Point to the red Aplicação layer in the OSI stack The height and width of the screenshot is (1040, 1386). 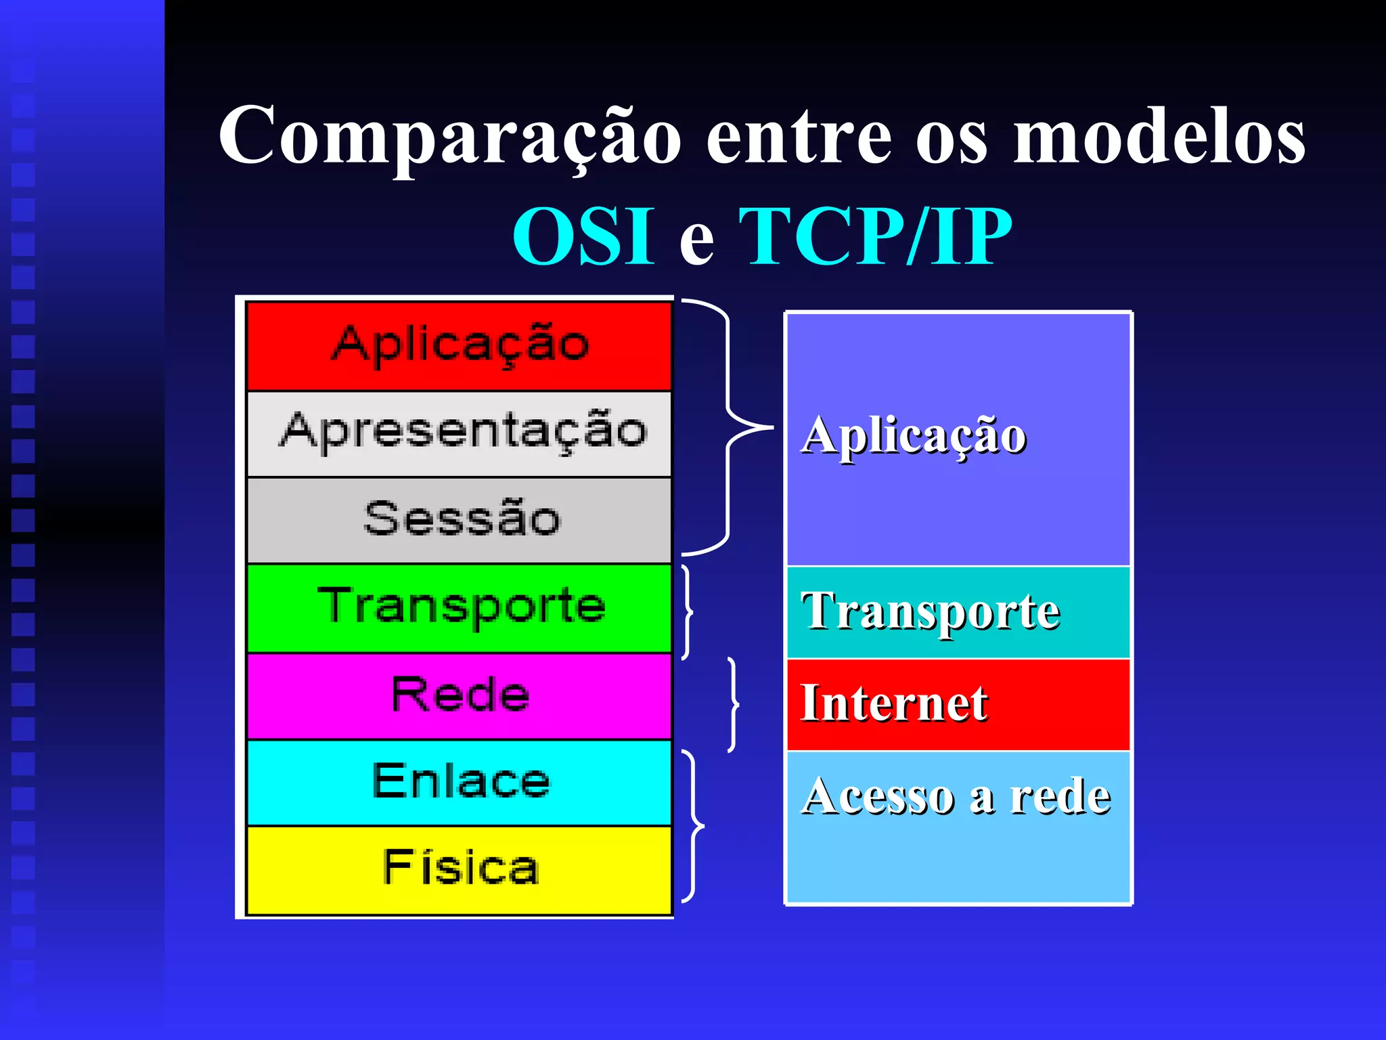(460, 345)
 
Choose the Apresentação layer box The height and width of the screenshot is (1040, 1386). (460, 433)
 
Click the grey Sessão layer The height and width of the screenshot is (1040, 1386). (460, 520)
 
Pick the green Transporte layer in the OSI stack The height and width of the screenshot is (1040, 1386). (460, 607)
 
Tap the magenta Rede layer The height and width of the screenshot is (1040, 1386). (460, 695)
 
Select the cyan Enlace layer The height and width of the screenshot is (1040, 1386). (460, 782)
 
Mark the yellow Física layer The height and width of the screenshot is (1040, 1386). (460, 869)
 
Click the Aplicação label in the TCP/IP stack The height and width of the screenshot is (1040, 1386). (914, 435)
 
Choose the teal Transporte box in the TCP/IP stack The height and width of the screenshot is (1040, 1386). (958, 612)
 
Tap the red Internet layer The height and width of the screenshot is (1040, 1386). (958, 704)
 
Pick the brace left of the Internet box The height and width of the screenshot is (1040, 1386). (734, 704)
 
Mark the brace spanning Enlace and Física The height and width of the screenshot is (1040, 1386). (693, 826)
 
